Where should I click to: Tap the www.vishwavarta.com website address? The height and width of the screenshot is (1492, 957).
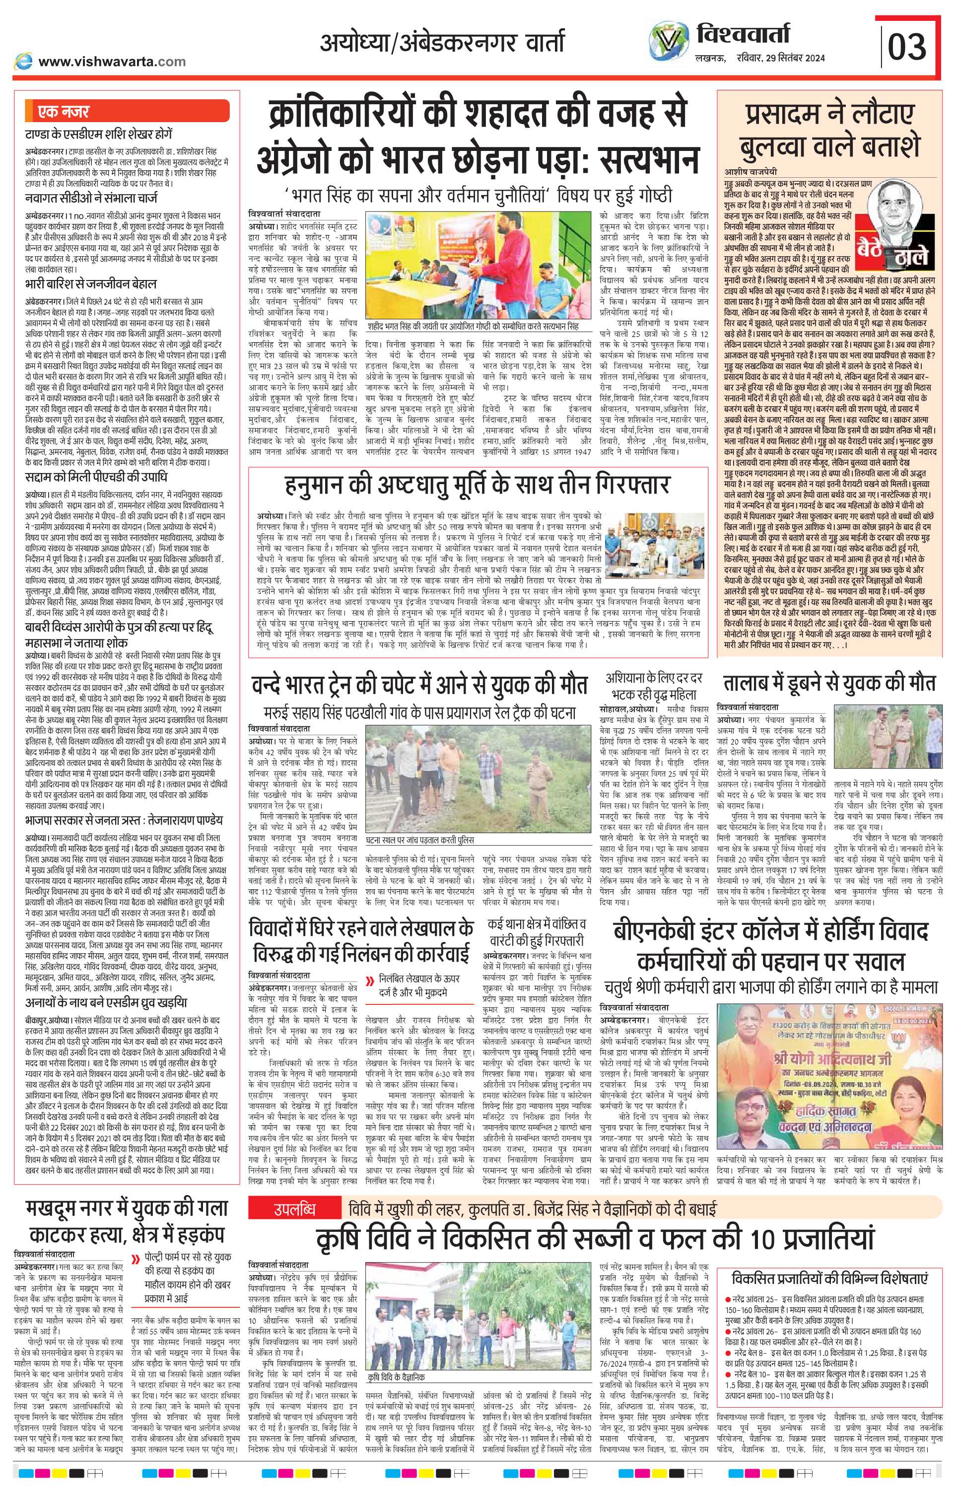point(111,62)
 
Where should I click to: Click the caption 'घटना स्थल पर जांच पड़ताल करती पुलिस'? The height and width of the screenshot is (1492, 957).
point(419,840)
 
